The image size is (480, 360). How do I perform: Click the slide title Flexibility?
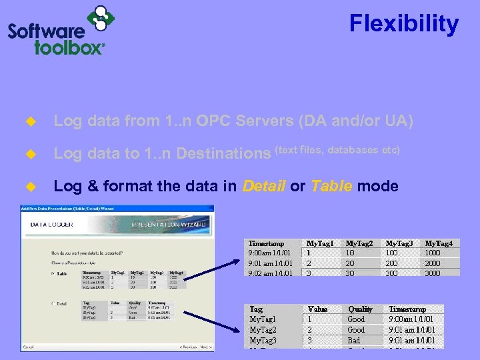pyautogui.click(x=404, y=25)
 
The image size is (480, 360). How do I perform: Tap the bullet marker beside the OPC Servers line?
pyautogui.click(x=29, y=121)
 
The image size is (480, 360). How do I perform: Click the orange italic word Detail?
pyautogui.click(x=264, y=187)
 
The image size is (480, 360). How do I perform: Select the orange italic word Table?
pyautogui.click(x=331, y=187)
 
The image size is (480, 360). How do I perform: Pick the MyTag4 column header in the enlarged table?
pyautogui.click(x=443, y=244)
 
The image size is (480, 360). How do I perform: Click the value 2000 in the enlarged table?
pyautogui.click(x=433, y=263)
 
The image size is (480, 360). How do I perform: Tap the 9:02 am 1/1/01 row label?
pyautogui.click(x=270, y=273)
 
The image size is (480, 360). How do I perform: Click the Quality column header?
pyautogui.click(x=360, y=309)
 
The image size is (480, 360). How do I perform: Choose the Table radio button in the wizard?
pyautogui.click(x=52, y=273)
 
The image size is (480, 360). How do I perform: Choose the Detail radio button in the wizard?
pyautogui.click(x=52, y=303)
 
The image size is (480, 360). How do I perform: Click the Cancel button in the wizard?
pyautogui.click(x=28, y=347)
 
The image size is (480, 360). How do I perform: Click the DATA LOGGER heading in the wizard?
pyautogui.click(x=52, y=225)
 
